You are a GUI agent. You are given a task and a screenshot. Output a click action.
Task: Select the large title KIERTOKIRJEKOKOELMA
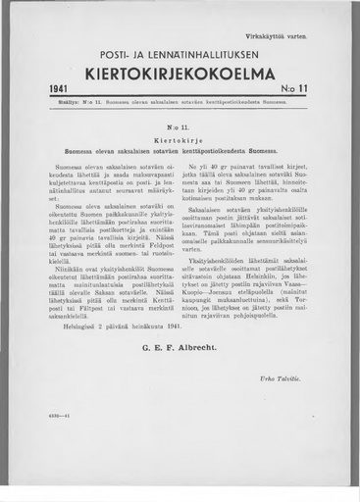pyautogui.click(x=180, y=74)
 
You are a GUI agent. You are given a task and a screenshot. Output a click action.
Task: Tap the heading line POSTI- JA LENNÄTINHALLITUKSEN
pyautogui.click(x=180, y=55)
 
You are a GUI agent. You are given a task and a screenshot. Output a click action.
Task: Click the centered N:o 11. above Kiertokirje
pyautogui.click(x=180, y=127)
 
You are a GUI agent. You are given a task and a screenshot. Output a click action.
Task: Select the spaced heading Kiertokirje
pyautogui.click(x=180, y=139)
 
